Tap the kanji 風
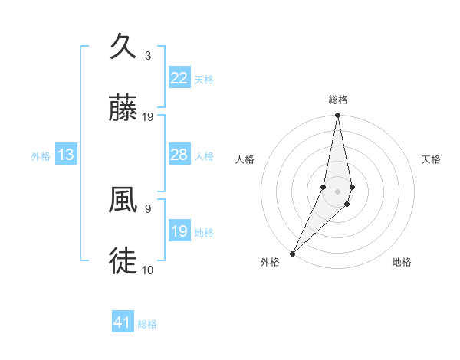click(124, 201)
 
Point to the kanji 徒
click(124, 261)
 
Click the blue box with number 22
click(179, 78)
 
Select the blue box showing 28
click(179, 155)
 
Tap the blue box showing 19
click(179, 232)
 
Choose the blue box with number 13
click(66, 155)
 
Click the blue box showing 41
click(123, 323)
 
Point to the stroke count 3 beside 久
click(148, 56)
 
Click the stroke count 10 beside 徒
click(148, 270)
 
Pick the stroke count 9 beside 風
click(148, 208)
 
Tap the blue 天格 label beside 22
click(204, 80)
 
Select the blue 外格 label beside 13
click(41, 156)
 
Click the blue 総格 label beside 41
click(147, 324)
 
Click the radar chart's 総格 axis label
click(338, 100)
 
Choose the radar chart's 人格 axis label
click(245, 159)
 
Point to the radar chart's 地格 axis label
click(402, 263)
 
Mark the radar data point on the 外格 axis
click(292, 254)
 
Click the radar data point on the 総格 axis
click(338, 116)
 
